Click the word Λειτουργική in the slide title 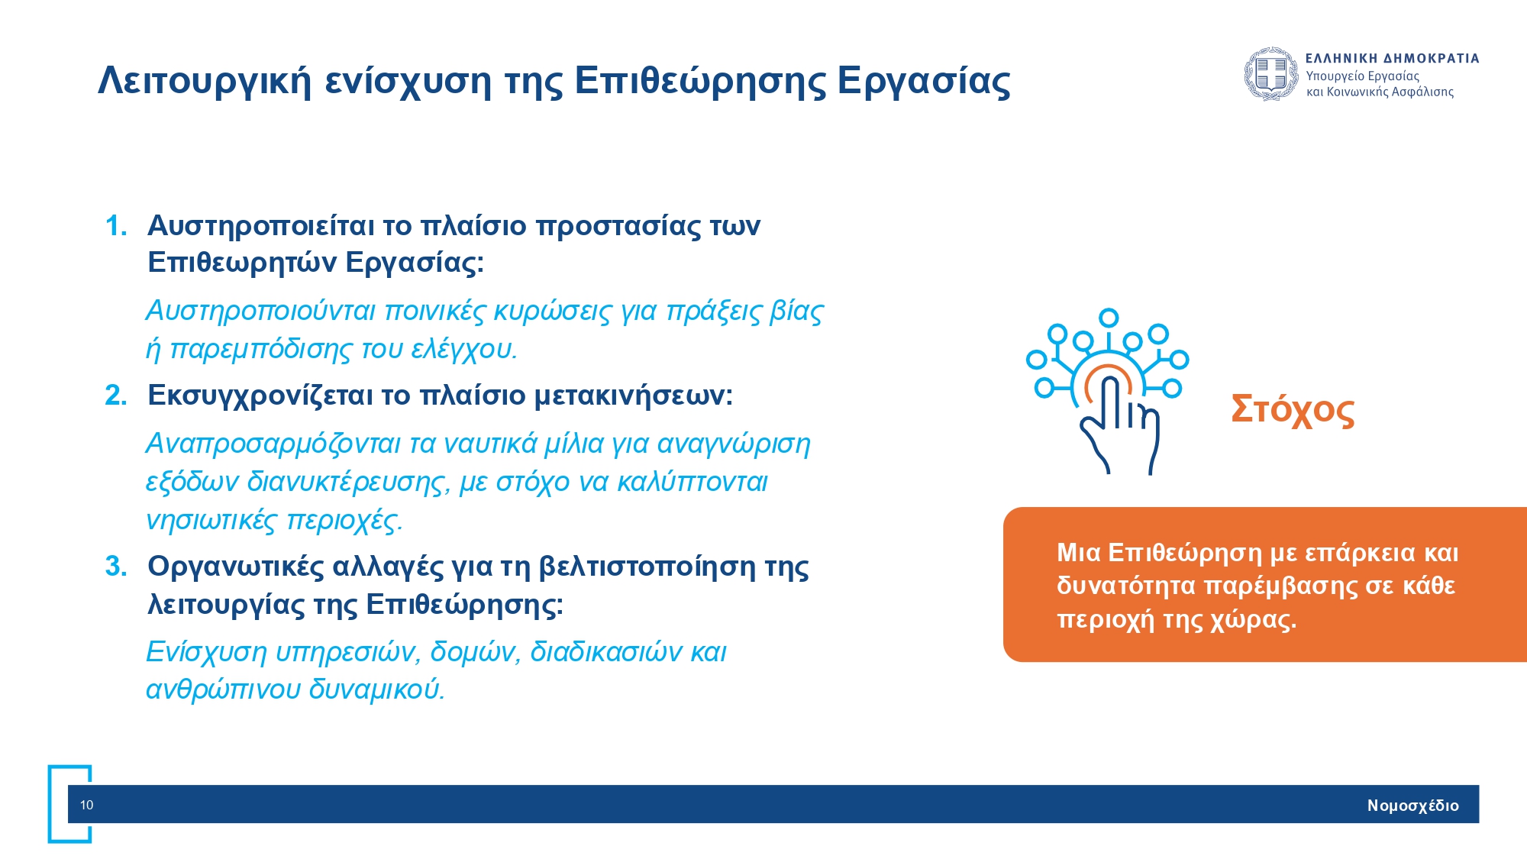pyautogui.click(x=205, y=82)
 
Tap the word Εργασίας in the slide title pyautogui.click(x=924, y=82)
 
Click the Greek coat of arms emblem pyautogui.click(x=1271, y=74)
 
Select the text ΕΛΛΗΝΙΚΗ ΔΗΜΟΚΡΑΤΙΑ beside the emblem pyautogui.click(x=1393, y=58)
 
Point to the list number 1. pyautogui.click(x=116, y=226)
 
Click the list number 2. pyautogui.click(x=116, y=396)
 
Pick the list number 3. pyautogui.click(x=116, y=567)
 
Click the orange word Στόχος pyautogui.click(x=1293, y=411)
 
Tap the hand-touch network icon pyautogui.click(x=1107, y=392)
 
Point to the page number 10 pyautogui.click(x=87, y=805)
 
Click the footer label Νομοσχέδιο pyautogui.click(x=1413, y=806)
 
